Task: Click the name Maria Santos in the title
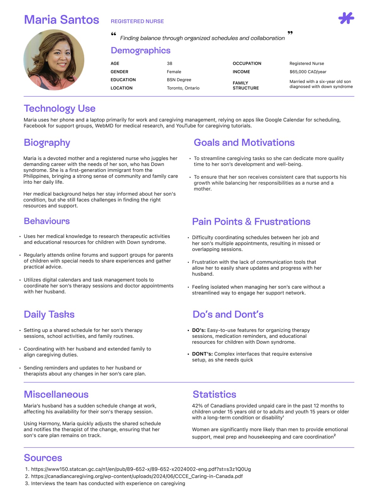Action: tap(61, 20)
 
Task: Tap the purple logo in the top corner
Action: tap(346, 18)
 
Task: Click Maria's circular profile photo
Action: tap(54, 60)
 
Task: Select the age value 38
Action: tap(169, 63)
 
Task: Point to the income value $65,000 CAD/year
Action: tap(308, 72)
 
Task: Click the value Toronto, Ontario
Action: tap(183, 88)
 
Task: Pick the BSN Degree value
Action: tap(179, 80)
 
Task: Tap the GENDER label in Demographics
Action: tap(119, 72)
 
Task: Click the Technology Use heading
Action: tap(60, 109)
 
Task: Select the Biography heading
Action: tap(47, 143)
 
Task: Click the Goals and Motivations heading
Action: tap(244, 143)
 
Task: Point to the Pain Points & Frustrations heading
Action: tap(251, 222)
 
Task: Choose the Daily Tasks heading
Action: tap(49, 314)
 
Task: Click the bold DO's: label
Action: tap(199, 330)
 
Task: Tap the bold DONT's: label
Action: tap(202, 354)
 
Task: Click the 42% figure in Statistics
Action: tap(197, 406)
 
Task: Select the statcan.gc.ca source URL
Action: tap(141, 469)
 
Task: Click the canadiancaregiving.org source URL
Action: tap(137, 476)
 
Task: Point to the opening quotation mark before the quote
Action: tap(114, 34)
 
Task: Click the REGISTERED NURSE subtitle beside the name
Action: tap(137, 21)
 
